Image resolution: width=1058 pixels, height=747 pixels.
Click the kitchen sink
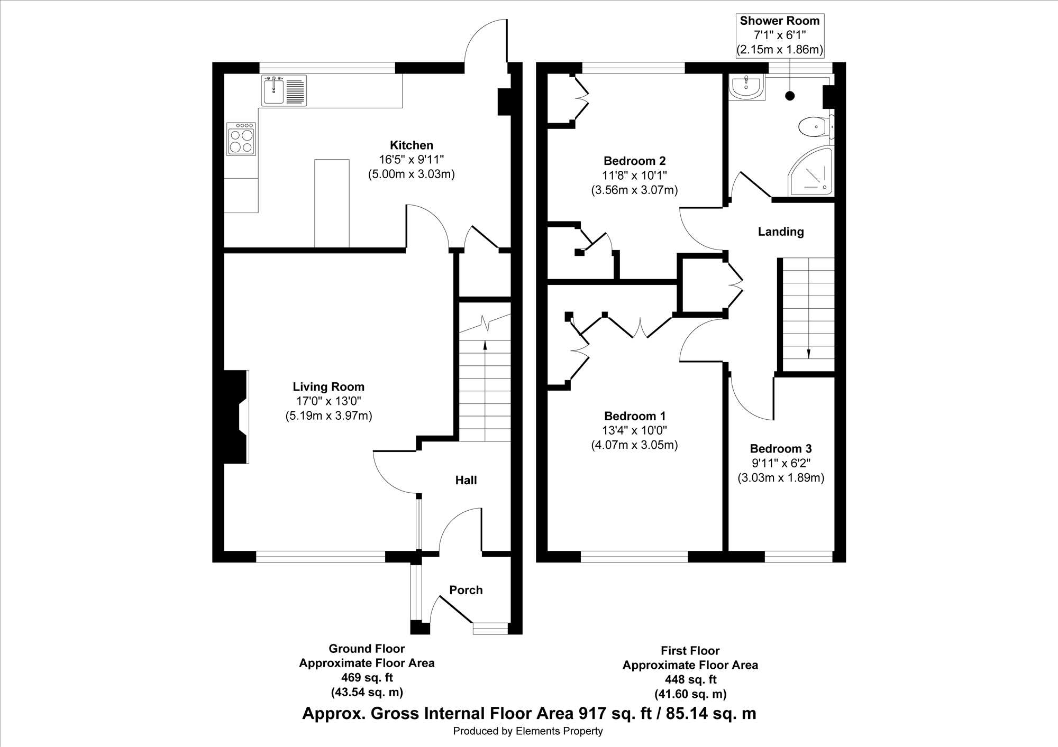(x=284, y=90)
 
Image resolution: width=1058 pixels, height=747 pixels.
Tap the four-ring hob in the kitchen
(x=241, y=139)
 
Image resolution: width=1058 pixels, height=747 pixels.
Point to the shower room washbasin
(x=746, y=87)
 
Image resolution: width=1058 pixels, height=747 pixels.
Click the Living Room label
(x=329, y=387)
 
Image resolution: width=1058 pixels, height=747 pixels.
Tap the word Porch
(x=466, y=590)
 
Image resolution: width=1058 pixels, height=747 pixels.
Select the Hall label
(x=466, y=480)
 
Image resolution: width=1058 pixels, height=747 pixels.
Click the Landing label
(x=781, y=232)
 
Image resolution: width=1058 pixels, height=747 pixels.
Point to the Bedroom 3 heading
(x=781, y=449)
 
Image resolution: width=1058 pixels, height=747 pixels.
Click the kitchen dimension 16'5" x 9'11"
(x=412, y=160)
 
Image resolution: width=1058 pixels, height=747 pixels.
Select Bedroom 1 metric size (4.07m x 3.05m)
(x=634, y=445)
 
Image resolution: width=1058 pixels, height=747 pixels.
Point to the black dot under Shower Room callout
(x=790, y=96)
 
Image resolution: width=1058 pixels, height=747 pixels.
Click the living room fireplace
(x=236, y=417)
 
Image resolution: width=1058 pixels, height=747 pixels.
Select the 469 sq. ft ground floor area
(x=367, y=678)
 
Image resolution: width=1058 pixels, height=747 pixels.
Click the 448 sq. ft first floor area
(x=690, y=680)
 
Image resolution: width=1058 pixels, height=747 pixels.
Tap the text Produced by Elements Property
(x=528, y=731)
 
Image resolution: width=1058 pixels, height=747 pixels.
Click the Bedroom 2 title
(x=635, y=161)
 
